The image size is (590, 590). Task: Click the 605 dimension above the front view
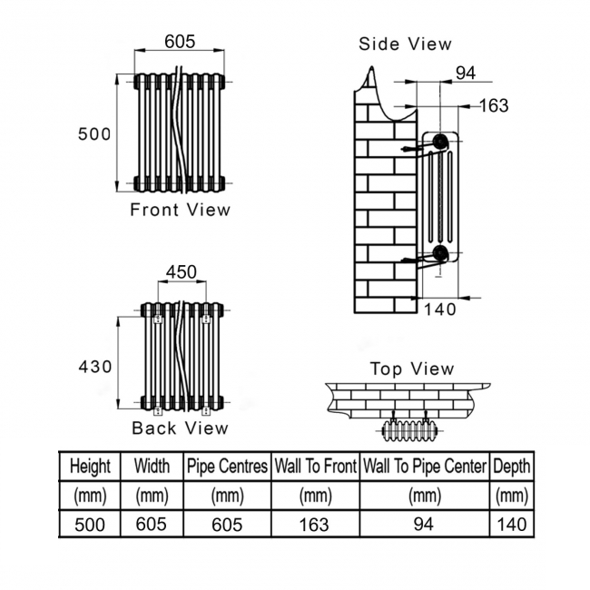(x=180, y=42)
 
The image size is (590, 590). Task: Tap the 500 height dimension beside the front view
(x=94, y=134)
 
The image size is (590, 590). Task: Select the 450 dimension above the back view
(x=182, y=272)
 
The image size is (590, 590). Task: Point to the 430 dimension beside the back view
(x=95, y=367)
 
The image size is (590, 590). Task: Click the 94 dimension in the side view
(x=466, y=73)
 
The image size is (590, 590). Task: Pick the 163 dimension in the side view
(x=494, y=105)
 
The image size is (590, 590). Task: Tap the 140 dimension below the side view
(x=440, y=310)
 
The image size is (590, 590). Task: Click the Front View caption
(x=180, y=210)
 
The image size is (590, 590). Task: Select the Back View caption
(x=180, y=428)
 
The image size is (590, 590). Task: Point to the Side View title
(x=405, y=44)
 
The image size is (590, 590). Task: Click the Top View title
(x=412, y=369)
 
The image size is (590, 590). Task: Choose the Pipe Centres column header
(x=227, y=467)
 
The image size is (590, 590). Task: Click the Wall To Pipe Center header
(x=425, y=467)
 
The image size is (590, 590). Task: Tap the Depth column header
(x=512, y=467)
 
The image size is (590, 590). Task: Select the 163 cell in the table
(x=314, y=525)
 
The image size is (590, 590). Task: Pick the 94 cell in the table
(x=423, y=524)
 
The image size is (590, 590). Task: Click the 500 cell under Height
(x=90, y=525)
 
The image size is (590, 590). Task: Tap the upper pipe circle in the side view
(x=439, y=141)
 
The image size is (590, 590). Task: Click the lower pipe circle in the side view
(x=439, y=253)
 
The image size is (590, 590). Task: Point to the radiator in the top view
(x=409, y=430)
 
